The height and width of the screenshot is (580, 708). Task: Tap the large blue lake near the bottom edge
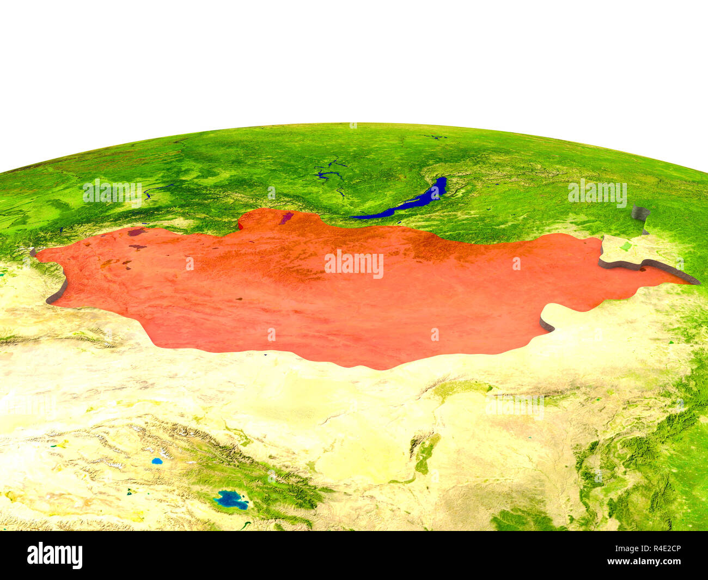[x=231, y=499]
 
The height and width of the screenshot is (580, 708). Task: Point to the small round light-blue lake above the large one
[x=157, y=461]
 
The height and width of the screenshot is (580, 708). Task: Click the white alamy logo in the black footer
[x=55, y=555]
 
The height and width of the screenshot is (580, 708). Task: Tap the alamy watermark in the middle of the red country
[x=354, y=264]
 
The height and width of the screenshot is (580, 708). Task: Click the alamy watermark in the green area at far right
[x=597, y=193]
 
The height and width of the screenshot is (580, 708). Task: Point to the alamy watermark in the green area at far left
[x=112, y=192]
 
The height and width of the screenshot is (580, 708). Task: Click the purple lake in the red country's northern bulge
[x=286, y=218]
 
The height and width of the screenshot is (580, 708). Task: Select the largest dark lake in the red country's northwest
[x=137, y=232]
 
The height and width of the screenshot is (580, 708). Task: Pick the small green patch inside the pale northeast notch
[x=626, y=246]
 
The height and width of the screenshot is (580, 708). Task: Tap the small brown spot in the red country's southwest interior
[x=239, y=299]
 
